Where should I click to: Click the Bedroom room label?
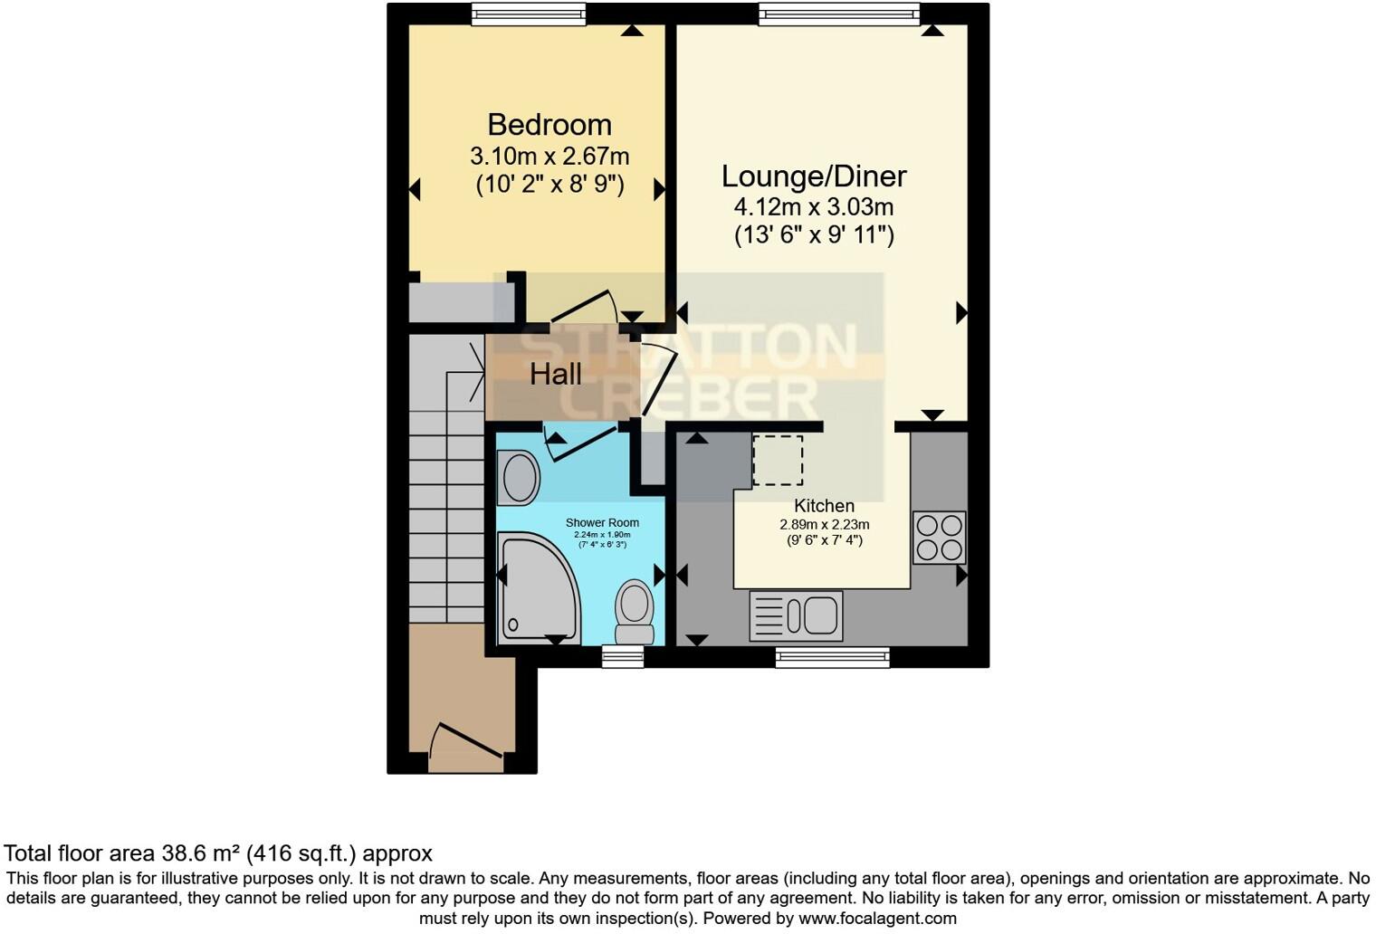point(549,124)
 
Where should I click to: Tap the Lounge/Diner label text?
point(813,176)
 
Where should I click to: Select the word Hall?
point(555,374)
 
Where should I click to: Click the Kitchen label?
point(824,506)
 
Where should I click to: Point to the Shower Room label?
point(602,522)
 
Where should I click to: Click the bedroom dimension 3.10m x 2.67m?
point(549,156)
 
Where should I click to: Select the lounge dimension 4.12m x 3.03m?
point(813,207)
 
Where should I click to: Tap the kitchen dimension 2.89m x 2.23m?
point(824,524)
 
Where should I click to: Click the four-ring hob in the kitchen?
point(939,538)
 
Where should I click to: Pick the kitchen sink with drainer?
point(796,616)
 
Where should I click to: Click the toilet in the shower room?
point(635,612)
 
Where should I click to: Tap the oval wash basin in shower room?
point(519,477)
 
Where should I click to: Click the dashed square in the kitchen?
point(778,460)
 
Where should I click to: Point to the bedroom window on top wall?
point(529,14)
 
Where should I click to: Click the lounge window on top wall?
point(839,14)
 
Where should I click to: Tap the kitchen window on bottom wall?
point(832,657)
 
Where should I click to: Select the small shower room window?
point(623,657)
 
